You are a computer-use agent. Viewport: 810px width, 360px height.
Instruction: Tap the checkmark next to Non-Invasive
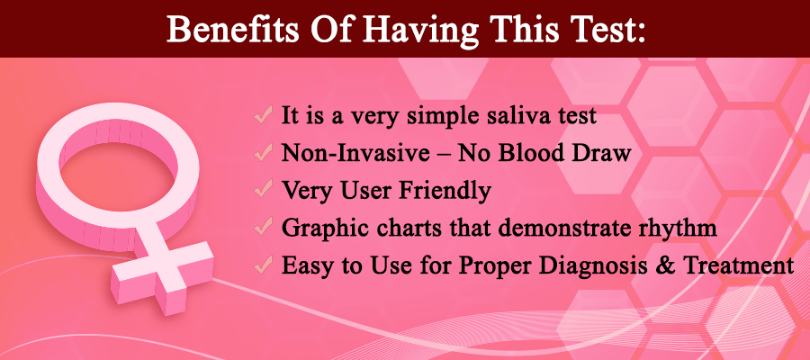point(263,152)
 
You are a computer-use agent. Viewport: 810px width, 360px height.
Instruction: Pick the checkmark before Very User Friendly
point(263,190)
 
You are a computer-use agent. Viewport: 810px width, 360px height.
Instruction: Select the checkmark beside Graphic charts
point(263,227)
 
